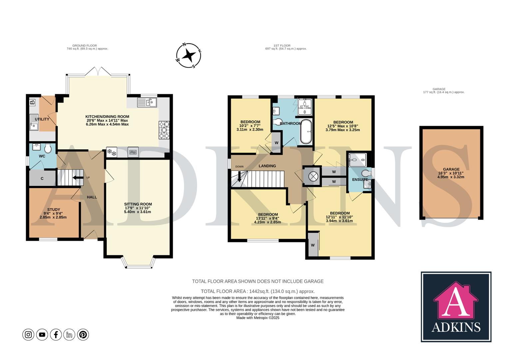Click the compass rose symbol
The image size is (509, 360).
click(189, 55)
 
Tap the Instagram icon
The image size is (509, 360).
click(28, 334)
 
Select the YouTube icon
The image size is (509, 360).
click(42, 334)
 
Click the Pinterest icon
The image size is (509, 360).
click(83, 334)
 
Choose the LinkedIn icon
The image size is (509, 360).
click(69, 334)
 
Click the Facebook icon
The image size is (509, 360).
click(56, 334)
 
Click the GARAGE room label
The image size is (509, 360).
click(451, 169)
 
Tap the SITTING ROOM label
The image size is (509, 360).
click(138, 204)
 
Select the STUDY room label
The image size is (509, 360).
click(53, 210)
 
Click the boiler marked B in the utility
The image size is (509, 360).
click(32, 102)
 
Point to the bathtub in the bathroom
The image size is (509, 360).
click(306, 132)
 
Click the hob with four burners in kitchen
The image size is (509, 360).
click(164, 129)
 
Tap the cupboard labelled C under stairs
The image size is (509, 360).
click(42, 179)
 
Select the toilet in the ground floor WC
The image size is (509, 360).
click(48, 148)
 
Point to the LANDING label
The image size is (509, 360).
click(267, 166)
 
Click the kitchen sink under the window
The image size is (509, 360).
click(147, 102)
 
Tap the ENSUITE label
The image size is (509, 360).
click(360, 180)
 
